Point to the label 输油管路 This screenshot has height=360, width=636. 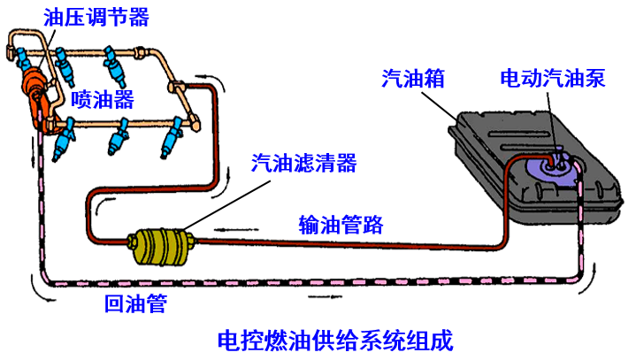point(341,224)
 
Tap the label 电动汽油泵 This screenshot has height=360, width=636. point(552,79)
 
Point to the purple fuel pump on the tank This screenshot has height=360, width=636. point(554,168)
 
